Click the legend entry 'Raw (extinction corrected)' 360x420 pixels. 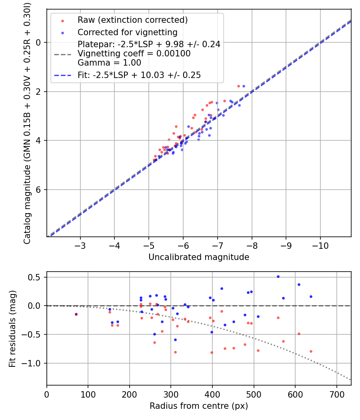pyautogui.click(x=132, y=20)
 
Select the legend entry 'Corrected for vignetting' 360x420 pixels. pyautogui.click(x=128, y=32)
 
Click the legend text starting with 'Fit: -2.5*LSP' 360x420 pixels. pyautogui.click(x=139, y=75)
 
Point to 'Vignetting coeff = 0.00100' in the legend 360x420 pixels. pyautogui.click(x=134, y=54)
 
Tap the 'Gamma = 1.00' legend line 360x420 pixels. pyautogui.click(x=109, y=63)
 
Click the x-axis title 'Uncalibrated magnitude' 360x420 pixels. pyautogui.click(x=199, y=257)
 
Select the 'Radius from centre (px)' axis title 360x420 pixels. pyautogui.click(x=199, y=406)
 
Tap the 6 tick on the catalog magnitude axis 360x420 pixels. pyautogui.click(x=39, y=190)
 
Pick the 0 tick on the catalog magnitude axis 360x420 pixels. pyautogui.click(x=39, y=42)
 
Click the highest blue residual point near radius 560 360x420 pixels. pyautogui.click(x=278, y=276)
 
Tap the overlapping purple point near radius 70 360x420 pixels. pyautogui.click(x=76, y=314)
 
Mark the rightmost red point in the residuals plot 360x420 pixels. pyautogui.click(x=311, y=351)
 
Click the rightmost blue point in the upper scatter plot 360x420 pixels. pyautogui.click(x=244, y=86)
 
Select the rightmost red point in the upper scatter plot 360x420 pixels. pyautogui.click(x=238, y=86)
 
